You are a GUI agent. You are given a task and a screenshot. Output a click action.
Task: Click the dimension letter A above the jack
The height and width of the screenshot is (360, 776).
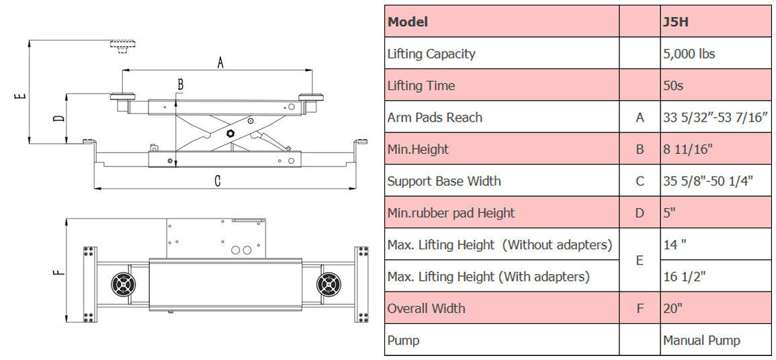220,62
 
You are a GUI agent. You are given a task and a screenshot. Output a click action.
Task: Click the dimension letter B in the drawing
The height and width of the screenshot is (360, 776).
180,85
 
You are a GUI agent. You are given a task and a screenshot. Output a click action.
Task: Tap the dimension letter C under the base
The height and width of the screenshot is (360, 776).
217,180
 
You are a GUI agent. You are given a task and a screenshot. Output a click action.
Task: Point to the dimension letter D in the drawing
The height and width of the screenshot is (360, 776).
59,119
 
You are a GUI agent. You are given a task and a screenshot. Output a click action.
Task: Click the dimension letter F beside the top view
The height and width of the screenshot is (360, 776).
59,271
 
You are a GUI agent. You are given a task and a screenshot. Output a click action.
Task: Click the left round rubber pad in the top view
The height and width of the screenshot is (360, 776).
124,283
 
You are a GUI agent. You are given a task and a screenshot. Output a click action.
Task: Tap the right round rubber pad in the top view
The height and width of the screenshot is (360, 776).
330,283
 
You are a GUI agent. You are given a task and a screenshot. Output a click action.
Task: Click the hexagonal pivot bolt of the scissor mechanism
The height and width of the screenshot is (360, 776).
230,133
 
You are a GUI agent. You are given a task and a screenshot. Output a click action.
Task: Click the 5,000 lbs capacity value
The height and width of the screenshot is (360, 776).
689,54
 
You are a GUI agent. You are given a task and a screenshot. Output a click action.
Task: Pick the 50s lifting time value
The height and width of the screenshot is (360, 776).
674,86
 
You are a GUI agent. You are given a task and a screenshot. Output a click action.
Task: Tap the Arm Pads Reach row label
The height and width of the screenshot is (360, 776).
435,118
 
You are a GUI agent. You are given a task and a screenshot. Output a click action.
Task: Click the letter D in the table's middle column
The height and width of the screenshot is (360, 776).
640,214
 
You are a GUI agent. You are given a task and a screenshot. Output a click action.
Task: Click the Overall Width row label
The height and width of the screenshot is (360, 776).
426,309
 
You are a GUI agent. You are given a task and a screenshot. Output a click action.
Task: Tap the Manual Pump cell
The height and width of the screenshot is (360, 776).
701,341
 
